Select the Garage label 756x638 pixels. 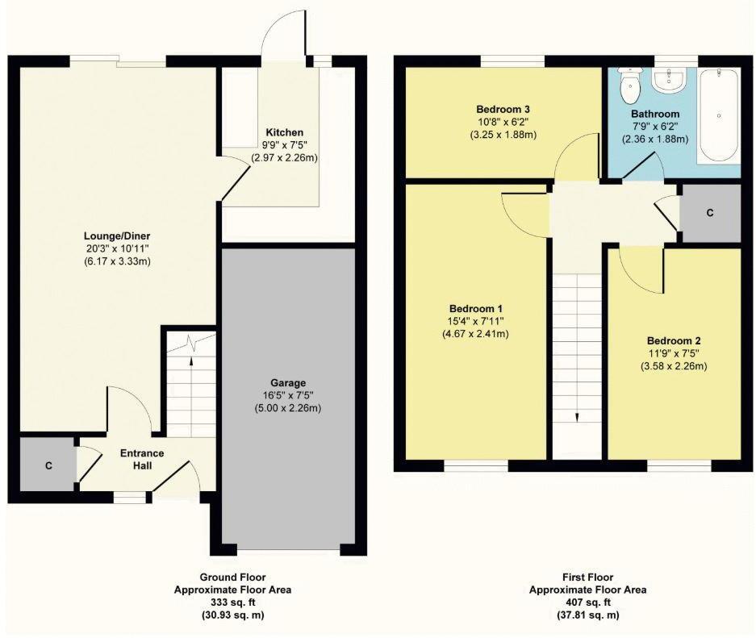[287, 382]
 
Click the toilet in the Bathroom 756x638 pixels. [629, 81]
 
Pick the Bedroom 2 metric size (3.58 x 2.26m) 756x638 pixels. [672, 366]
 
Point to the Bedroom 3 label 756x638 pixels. [503, 109]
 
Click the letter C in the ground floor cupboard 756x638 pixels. [49, 465]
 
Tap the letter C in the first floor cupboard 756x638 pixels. [709, 213]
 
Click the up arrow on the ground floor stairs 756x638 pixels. [191, 361]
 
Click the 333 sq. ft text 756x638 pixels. [233, 602]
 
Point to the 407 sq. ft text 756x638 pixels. [587, 602]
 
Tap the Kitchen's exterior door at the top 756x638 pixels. [282, 36]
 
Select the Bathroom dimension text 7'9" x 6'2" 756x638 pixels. [654, 127]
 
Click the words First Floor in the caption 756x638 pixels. [587, 577]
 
